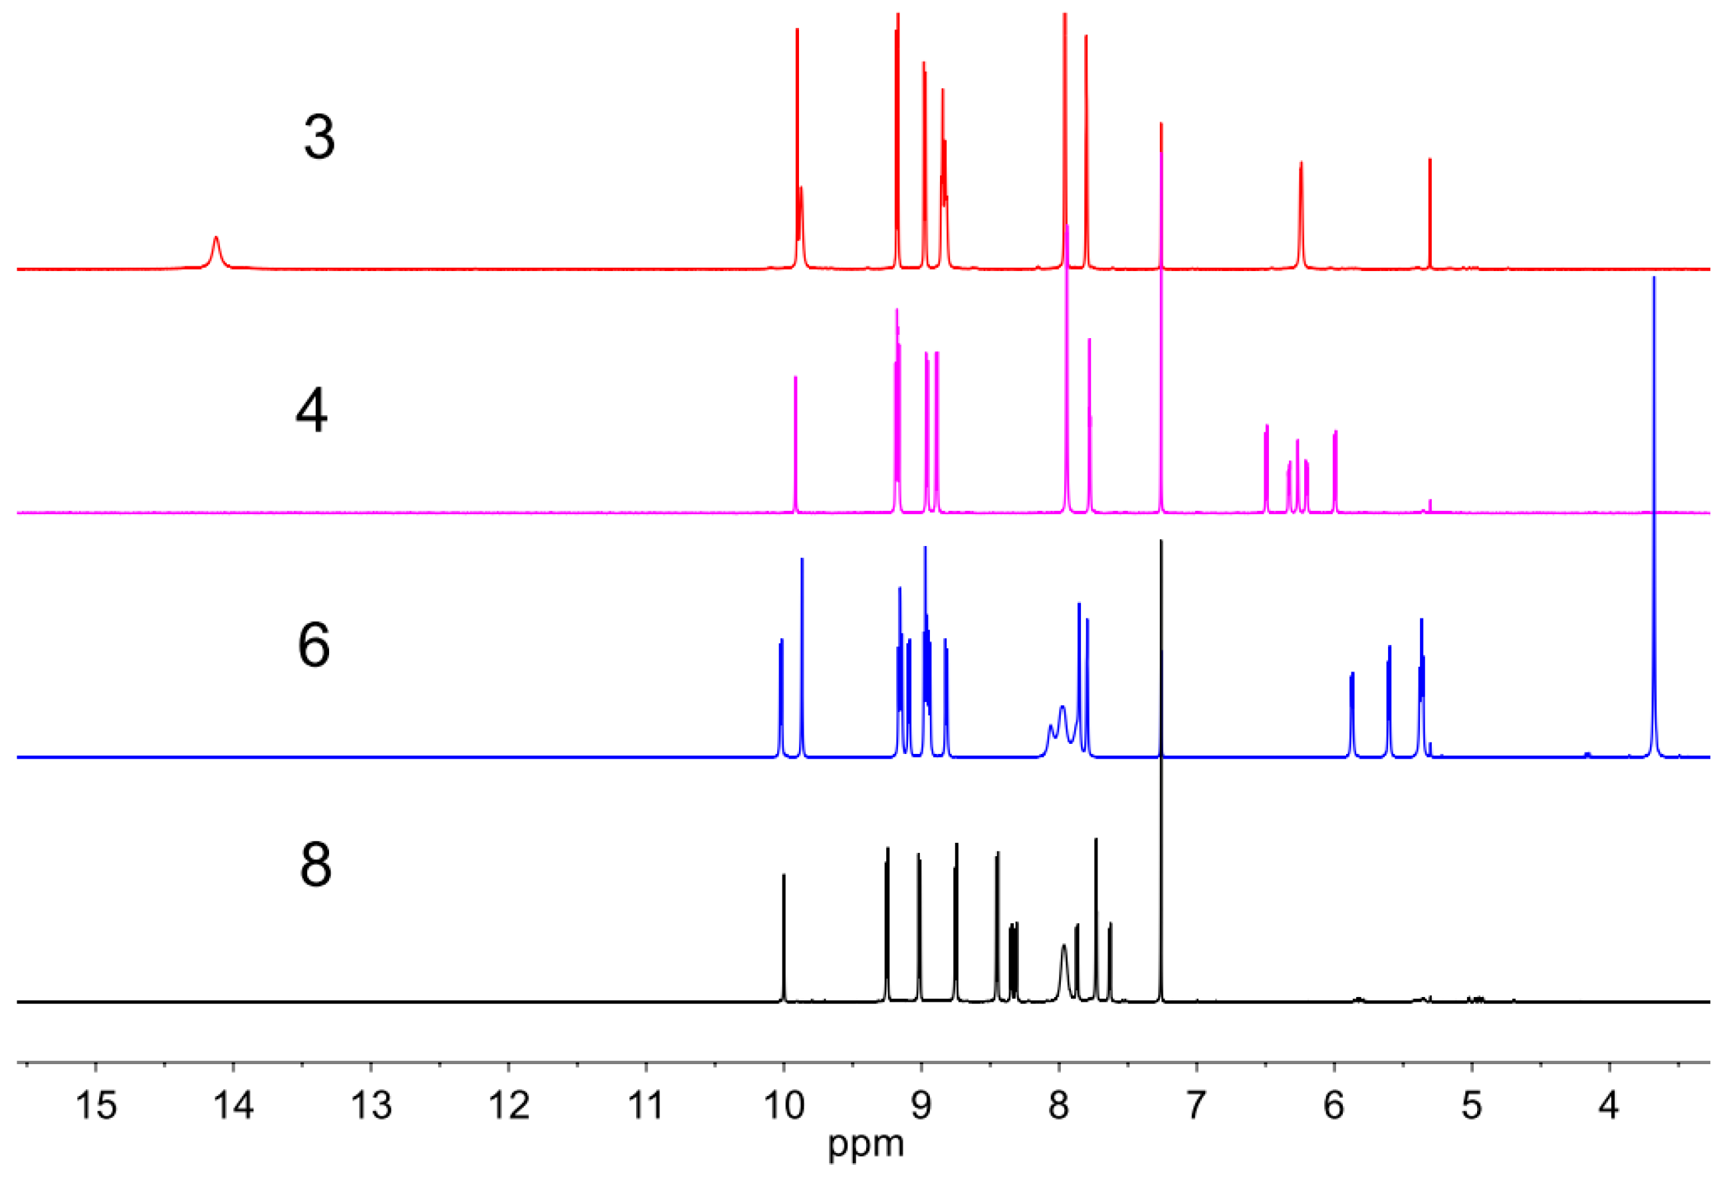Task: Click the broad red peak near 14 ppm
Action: pos(216,249)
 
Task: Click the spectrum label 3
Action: pos(320,138)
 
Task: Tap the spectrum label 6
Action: pos(314,646)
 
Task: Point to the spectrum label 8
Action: pos(315,865)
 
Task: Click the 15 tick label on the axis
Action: pos(96,1105)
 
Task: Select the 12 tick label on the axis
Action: pos(509,1105)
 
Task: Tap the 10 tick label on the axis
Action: pos(783,1105)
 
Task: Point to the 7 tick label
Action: pos(1196,1105)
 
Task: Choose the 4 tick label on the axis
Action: pos(1608,1105)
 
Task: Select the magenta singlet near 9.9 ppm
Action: pos(796,446)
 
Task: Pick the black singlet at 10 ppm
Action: pos(784,936)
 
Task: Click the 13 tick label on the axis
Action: pos(372,1105)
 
